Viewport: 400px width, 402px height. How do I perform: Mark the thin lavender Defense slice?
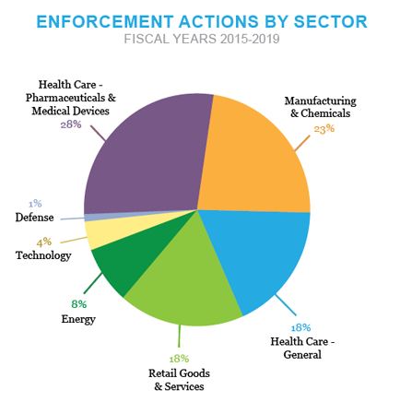tap(92, 217)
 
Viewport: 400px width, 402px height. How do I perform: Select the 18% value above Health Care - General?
tap(300, 327)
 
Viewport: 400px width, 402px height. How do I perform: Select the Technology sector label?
tap(43, 255)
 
